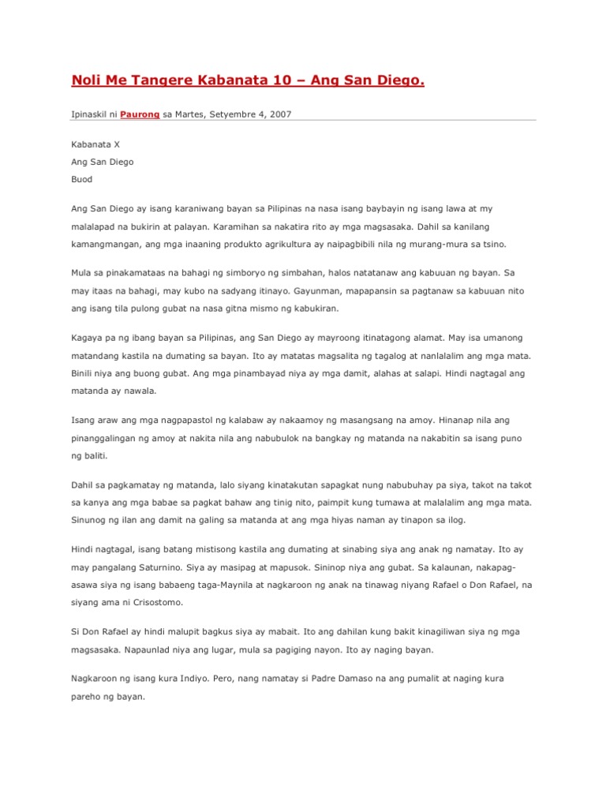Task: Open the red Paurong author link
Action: (x=140, y=114)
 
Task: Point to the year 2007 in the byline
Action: (x=279, y=114)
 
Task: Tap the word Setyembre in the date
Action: (x=238, y=114)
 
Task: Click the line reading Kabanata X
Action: (x=95, y=144)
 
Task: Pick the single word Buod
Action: (x=82, y=179)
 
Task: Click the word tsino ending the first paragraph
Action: (x=493, y=244)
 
